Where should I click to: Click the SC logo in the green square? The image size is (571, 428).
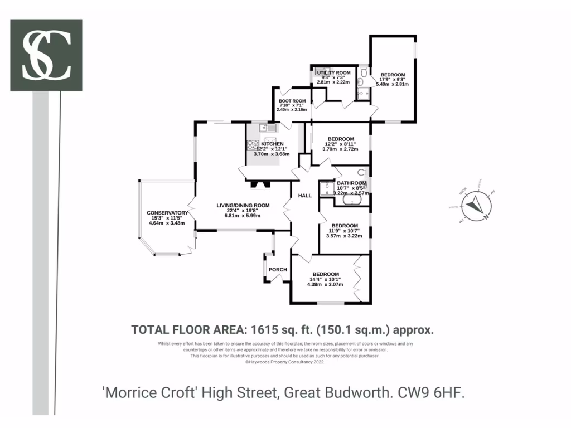[x=46, y=55]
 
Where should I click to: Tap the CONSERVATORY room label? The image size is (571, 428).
[x=167, y=213]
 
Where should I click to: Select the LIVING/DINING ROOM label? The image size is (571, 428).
[x=243, y=205]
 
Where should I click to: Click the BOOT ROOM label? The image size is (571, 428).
[x=293, y=100]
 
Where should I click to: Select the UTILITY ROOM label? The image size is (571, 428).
[x=333, y=73]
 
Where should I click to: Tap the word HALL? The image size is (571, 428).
[x=305, y=196]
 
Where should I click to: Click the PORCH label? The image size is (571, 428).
[x=278, y=270]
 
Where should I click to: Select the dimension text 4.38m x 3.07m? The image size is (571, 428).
[x=325, y=284]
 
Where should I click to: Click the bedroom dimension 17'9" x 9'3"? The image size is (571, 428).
[x=393, y=80]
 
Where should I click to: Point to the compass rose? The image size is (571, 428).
[x=475, y=205]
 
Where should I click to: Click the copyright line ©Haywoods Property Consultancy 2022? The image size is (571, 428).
[x=284, y=362]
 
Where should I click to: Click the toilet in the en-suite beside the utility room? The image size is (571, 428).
[x=364, y=71]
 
